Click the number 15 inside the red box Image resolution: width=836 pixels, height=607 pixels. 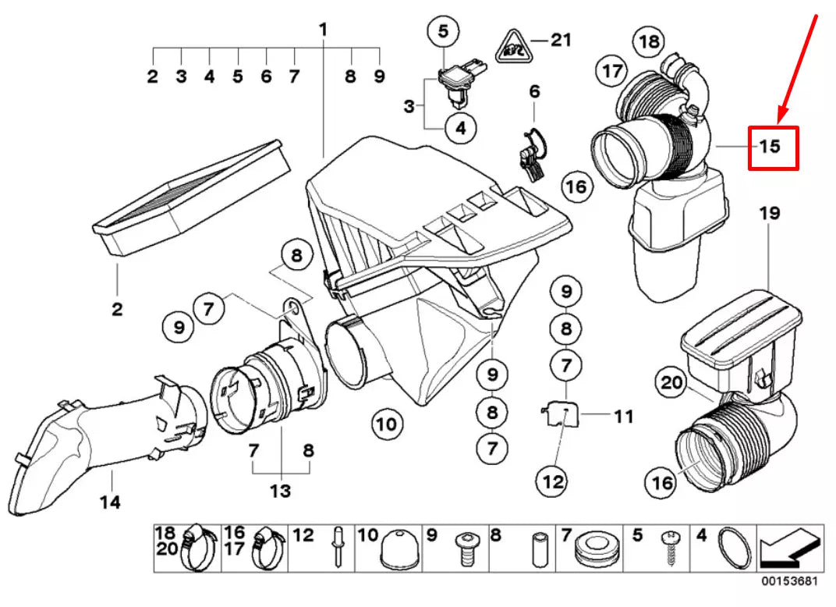click(770, 146)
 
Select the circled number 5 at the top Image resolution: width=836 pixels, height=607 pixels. click(443, 32)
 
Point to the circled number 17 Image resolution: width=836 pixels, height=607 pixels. click(612, 72)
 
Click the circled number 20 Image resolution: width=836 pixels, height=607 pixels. click(671, 382)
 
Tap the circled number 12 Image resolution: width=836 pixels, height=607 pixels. click(553, 482)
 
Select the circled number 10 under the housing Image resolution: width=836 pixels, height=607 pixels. click(388, 424)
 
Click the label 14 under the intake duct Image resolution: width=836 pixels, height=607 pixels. click(110, 502)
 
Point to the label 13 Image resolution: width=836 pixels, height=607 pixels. click(280, 491)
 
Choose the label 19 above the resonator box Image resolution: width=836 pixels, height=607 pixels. click(770, 212)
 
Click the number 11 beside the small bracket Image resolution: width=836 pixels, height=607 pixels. click(623, 417)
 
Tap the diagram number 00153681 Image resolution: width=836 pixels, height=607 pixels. click(791, 581)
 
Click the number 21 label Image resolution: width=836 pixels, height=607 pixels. click(561, 39)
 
